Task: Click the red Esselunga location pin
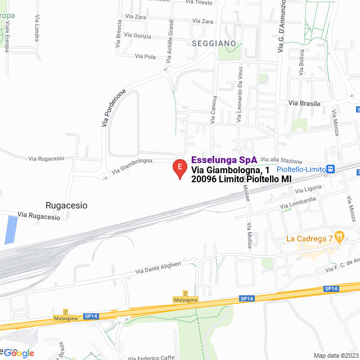[x=179, y=168]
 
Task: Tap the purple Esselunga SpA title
[x=224, y=160]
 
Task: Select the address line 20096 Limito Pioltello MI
[x=241, y=179]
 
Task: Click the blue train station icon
[x=331, y=169]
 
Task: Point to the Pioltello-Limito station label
[x=301, y=169]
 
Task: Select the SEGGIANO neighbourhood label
[x=213, y=43]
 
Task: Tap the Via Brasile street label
[x=304, y=103]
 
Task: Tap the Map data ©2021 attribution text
[x=334, y=355]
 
